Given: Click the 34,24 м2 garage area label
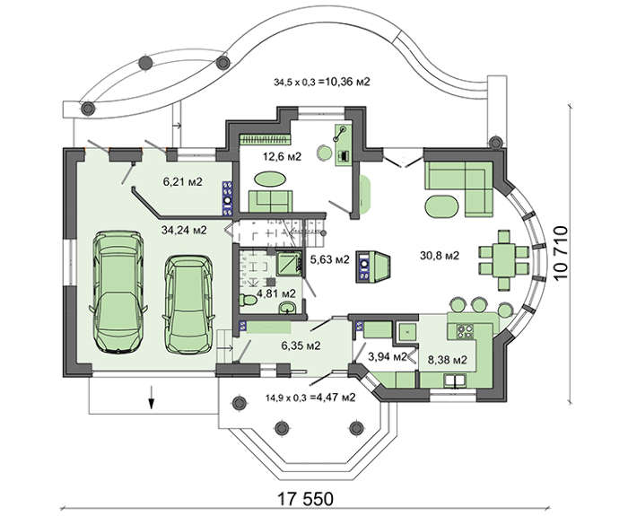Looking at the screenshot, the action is [184, 231].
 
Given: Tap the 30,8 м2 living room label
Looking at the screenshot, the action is [440, 255].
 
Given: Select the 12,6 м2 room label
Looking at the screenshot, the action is [282, 156].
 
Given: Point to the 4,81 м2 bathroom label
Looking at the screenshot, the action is [276, 293].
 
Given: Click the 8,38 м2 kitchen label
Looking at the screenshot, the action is [448, 360].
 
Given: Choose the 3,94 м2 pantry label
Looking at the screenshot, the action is [388, 356].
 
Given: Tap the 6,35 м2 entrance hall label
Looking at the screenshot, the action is [301, 345].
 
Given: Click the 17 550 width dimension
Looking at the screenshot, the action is [305, 499].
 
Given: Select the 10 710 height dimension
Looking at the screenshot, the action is [561, 252].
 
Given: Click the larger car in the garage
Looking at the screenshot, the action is [118, 293].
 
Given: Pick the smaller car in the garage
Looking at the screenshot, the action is [188, 304].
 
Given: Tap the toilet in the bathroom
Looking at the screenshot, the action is [249, 300].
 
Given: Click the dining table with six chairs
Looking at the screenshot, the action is [504, 260].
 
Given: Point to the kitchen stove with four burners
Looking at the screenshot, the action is [466, 331].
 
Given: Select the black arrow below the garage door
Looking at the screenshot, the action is [152, 397].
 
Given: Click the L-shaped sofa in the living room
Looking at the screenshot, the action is [459, 188].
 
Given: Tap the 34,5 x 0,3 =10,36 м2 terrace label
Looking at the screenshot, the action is [322, 83].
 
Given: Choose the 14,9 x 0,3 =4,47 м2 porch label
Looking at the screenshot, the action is [310, 398].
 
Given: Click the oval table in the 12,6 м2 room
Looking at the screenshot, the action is [270, 179].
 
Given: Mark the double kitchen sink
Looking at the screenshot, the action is [455, 380].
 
